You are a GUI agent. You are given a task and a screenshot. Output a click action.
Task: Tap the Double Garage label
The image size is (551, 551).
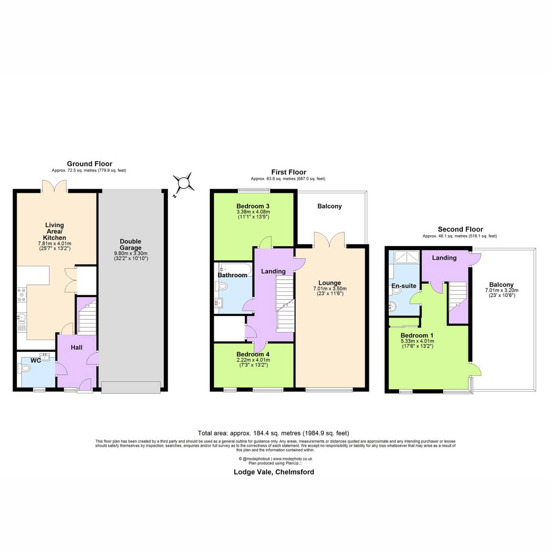(x=130, y=244)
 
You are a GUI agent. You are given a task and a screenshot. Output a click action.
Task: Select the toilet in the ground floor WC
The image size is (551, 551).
(x=24, y=368)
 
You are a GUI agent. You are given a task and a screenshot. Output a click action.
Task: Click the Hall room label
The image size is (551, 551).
(x=76, y=348)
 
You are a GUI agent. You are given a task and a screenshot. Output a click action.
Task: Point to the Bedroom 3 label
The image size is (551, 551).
(x=253, y=206)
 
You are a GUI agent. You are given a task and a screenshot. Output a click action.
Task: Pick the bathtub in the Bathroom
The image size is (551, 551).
(x=235, y=270)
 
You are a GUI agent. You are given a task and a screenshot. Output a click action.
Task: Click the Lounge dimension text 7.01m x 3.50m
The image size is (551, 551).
(x=330, y=289)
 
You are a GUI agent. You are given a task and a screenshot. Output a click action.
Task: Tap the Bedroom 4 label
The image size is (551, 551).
(x=253, y=354)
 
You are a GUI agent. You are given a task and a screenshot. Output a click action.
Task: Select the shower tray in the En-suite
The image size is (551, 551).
(x=407, y=257)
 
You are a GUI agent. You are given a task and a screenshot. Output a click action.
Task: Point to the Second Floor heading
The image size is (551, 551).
(x=460, y=229)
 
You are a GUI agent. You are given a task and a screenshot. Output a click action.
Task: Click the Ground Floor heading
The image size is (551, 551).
(x=90, y=164)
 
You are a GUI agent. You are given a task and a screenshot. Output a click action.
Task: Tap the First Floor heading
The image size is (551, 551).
(x=288, y=172)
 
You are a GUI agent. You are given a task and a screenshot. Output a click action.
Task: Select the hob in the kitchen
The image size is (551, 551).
(x=22, y=295)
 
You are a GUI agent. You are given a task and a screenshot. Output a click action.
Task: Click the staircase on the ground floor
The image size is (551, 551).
(x=87, y=317)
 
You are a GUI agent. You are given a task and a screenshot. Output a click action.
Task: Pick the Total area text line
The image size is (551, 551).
(x=273, y=433)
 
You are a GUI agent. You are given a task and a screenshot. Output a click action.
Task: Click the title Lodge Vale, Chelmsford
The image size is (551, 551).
(x=274, y=472)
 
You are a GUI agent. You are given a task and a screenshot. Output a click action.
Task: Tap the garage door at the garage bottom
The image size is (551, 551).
(x=131, y=388)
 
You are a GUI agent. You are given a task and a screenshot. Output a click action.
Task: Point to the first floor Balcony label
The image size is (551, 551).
(x=329, y=206)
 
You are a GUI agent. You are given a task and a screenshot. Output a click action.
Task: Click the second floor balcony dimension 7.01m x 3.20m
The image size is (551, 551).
(x=501, y=290)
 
